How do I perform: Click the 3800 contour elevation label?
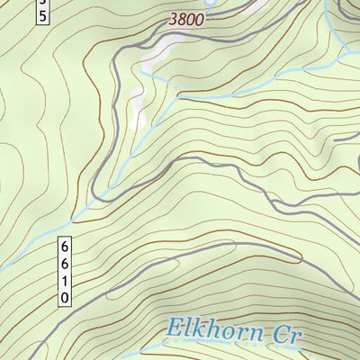pos(186,17)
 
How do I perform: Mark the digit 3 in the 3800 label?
pos(173,17)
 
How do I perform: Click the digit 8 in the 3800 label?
pos(182,17)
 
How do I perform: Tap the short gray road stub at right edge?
pos(346,139)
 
